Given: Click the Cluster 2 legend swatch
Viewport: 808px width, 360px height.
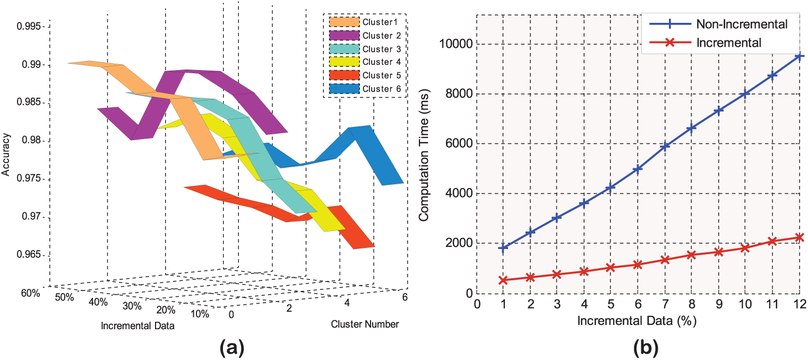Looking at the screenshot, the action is point(344,36).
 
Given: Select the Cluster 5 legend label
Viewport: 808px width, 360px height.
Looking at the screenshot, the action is point(382,75).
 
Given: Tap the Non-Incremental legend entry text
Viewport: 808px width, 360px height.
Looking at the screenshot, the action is point(742,24).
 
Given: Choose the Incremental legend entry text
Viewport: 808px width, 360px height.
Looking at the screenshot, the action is point(729,42).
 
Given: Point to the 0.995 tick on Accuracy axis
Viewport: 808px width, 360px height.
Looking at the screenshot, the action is point(29,27).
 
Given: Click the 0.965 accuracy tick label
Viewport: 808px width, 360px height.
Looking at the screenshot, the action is point(29,255).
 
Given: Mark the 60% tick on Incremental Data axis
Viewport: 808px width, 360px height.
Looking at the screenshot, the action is point(30,293).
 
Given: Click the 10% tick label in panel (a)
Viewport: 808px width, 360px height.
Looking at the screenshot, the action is point(200,314).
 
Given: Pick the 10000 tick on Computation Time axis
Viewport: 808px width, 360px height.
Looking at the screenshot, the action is point(455,44).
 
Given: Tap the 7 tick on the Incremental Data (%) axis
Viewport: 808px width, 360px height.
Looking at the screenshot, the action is point(665,304).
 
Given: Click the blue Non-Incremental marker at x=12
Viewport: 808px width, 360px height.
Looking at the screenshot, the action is point(800,56).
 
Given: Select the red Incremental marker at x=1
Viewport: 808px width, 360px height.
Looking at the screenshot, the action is point(503,280).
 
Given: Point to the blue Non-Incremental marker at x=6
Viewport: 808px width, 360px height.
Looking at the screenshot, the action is point(638,168).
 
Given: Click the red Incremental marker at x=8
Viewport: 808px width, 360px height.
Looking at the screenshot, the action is point(692,255).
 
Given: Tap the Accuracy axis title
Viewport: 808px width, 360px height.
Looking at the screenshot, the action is point(6,155).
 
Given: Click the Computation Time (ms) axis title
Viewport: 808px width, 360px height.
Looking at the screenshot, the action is point(424,155).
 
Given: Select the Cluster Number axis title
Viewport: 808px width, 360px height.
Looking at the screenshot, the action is point(365,324).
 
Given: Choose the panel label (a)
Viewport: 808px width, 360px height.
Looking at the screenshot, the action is point(232,348).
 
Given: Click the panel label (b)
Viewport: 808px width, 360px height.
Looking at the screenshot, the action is point(646,348).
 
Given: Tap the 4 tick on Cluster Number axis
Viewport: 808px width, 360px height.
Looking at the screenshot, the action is point(347,303).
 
